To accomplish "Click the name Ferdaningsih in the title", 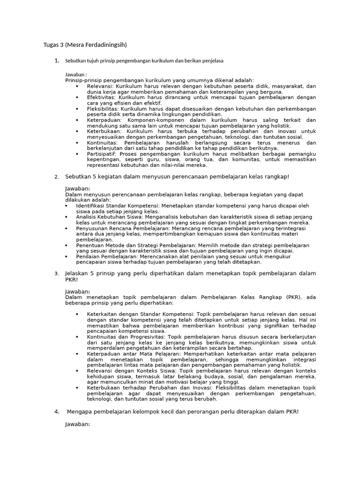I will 106,45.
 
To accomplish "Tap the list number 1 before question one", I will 56,61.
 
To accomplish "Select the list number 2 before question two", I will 56,177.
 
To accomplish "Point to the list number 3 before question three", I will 56,273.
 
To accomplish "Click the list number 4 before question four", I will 56,412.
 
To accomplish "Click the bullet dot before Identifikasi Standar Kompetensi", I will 67,205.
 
